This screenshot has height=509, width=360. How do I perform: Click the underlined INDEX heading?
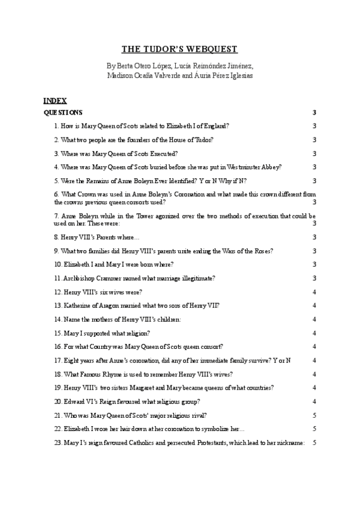pyautogui.click(x=55, y=100)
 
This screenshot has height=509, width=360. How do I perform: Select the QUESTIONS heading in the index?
pyautogui.click(x=63, y=112)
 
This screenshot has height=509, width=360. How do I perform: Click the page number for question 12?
pyautogui.click(x=314, y=292)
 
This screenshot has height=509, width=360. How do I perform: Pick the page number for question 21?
pyautogui.click(x=314, y=415)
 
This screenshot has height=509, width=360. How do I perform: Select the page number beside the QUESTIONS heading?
pyautogui.click(x=314, y=112)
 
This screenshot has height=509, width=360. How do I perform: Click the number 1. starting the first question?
pyautogui.click(x=56, y=126)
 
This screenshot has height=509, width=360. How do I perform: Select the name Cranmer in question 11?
pyautogui.click(x=105, y=278)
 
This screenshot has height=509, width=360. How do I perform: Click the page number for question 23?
pyautogui.click(x=314, y=442)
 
